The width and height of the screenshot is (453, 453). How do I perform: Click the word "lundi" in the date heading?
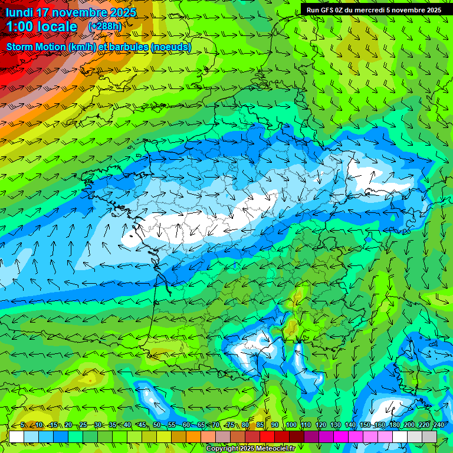18,12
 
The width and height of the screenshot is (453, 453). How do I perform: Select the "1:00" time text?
20,27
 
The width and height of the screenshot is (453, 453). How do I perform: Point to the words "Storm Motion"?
36,47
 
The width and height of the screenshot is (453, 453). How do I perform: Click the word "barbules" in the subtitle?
129,47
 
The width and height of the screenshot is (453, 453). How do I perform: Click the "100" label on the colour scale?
291,425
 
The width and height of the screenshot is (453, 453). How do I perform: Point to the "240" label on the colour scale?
438,425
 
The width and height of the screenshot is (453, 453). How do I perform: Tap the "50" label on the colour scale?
156,425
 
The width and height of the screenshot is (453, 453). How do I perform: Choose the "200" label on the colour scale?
409,425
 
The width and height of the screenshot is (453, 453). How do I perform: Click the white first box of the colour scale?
17,436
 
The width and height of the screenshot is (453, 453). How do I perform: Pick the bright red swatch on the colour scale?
267,436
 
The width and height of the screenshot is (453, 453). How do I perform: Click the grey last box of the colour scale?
429,436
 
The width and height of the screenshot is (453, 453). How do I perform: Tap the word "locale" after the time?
57,27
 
